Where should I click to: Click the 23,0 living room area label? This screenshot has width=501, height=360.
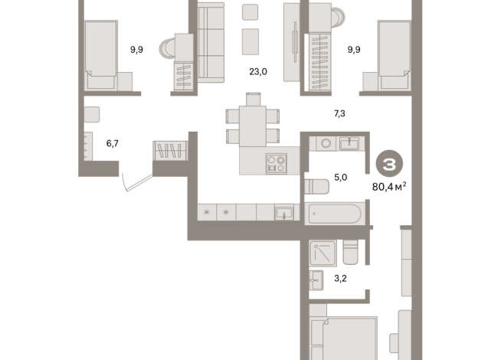[x=257, y=74]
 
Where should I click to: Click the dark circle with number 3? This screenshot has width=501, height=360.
[x=390, y=163]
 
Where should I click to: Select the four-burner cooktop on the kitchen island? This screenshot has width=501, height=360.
[x=275, y=162]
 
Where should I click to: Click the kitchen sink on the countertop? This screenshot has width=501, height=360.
[x=284, y=211]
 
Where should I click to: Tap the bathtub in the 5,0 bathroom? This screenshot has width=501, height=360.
[x=335, y=213]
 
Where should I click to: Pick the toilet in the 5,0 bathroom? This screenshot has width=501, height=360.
[x=316, y=185]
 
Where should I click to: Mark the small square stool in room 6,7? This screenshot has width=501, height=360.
[x=92, y=115]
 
